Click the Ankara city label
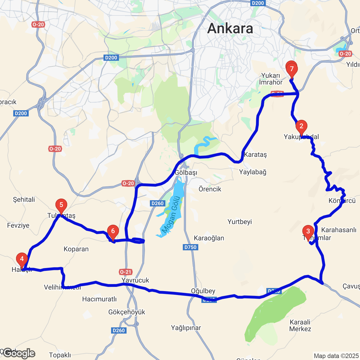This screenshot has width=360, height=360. click(230, 29)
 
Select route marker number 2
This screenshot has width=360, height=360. click(301, 126)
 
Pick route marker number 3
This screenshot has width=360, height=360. click(308, 231)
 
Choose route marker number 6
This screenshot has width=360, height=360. click(113, 231)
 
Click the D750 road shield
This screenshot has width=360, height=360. click(190, 247)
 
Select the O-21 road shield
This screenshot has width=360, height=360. click(125, 272)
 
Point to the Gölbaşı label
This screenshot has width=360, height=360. click(186, 172)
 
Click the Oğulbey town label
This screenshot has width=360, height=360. click(203, 291)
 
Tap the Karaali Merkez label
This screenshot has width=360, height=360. click(300, 325)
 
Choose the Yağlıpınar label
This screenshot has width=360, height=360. click(186, 328)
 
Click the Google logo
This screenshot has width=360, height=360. click(19, 354)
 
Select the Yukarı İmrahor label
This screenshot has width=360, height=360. click(271, 79)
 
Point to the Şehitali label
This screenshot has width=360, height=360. click(24, 199)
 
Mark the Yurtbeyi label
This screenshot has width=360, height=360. click(240, 222)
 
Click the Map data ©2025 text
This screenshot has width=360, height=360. click(336, 356)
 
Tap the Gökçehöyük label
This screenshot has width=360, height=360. click(127, 312)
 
